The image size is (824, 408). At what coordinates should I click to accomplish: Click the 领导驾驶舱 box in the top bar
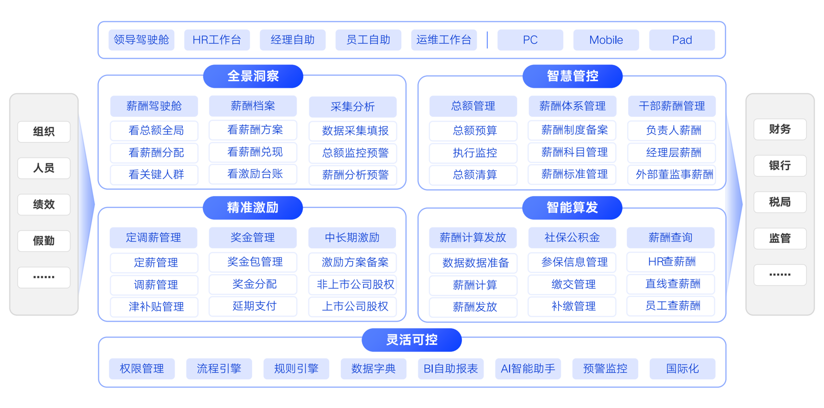point(142,40)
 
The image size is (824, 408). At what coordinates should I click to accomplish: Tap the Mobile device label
point(606,40)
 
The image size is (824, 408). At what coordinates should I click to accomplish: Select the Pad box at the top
point(682,40)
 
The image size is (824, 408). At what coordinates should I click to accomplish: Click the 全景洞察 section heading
point(253,76)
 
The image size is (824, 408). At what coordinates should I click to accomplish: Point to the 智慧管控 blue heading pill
point(572,76)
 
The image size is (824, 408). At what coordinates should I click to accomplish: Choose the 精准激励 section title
point(253,207)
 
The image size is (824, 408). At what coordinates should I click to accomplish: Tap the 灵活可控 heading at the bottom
point(411,340)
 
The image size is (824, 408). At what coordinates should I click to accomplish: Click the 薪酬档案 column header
point(253,106)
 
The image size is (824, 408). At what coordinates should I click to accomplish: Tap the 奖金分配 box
point(254,284)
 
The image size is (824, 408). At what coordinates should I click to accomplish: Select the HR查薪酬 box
point(672,262)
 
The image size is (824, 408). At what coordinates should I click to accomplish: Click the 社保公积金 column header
point(572,238)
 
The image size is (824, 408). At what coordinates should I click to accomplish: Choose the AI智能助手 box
point(528,369)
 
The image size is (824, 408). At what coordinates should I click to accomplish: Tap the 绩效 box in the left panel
point(44,204)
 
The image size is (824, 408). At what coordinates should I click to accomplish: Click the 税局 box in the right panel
point(780,202)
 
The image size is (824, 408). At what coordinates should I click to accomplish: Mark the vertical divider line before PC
point(487,40)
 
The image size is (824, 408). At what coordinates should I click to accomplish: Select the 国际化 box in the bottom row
point(682,369)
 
